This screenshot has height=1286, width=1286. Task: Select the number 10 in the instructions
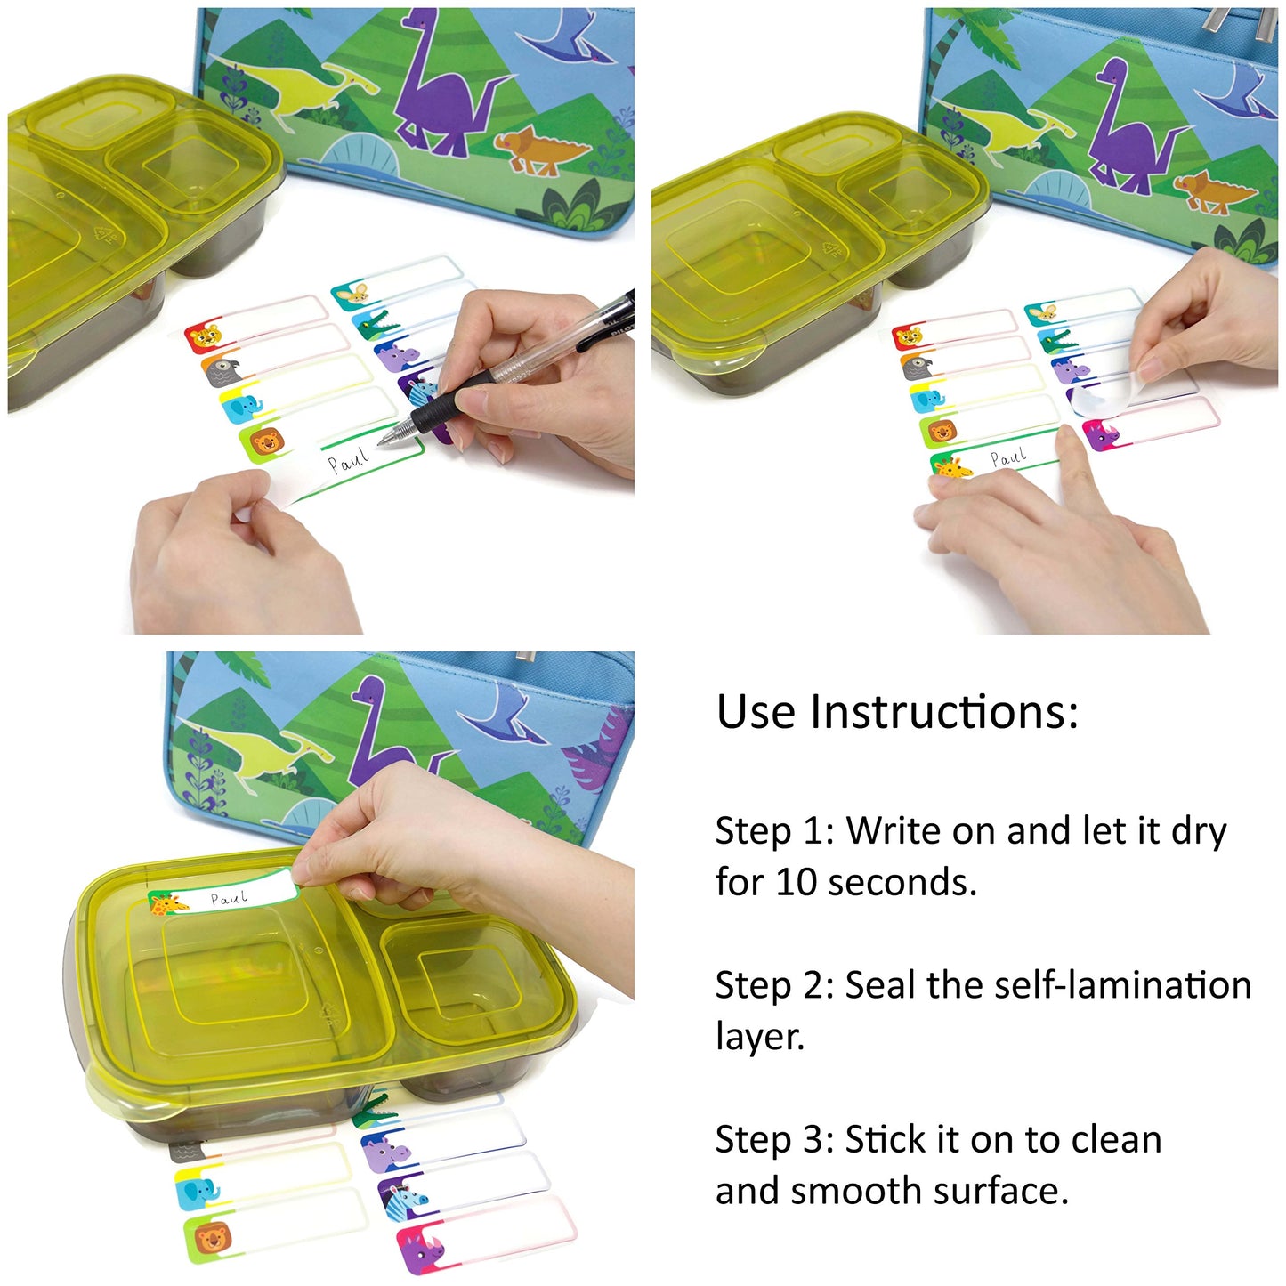tap(795, 882)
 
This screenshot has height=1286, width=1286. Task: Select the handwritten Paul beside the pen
tap(347, 460)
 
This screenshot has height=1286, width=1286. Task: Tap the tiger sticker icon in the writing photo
tap(204, 336)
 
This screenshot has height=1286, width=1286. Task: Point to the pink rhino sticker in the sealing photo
tap(1102, 435)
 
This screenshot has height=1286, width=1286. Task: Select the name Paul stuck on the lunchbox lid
tap(229, 898)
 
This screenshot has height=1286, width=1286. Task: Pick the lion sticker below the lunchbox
tap(210, 1238)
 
